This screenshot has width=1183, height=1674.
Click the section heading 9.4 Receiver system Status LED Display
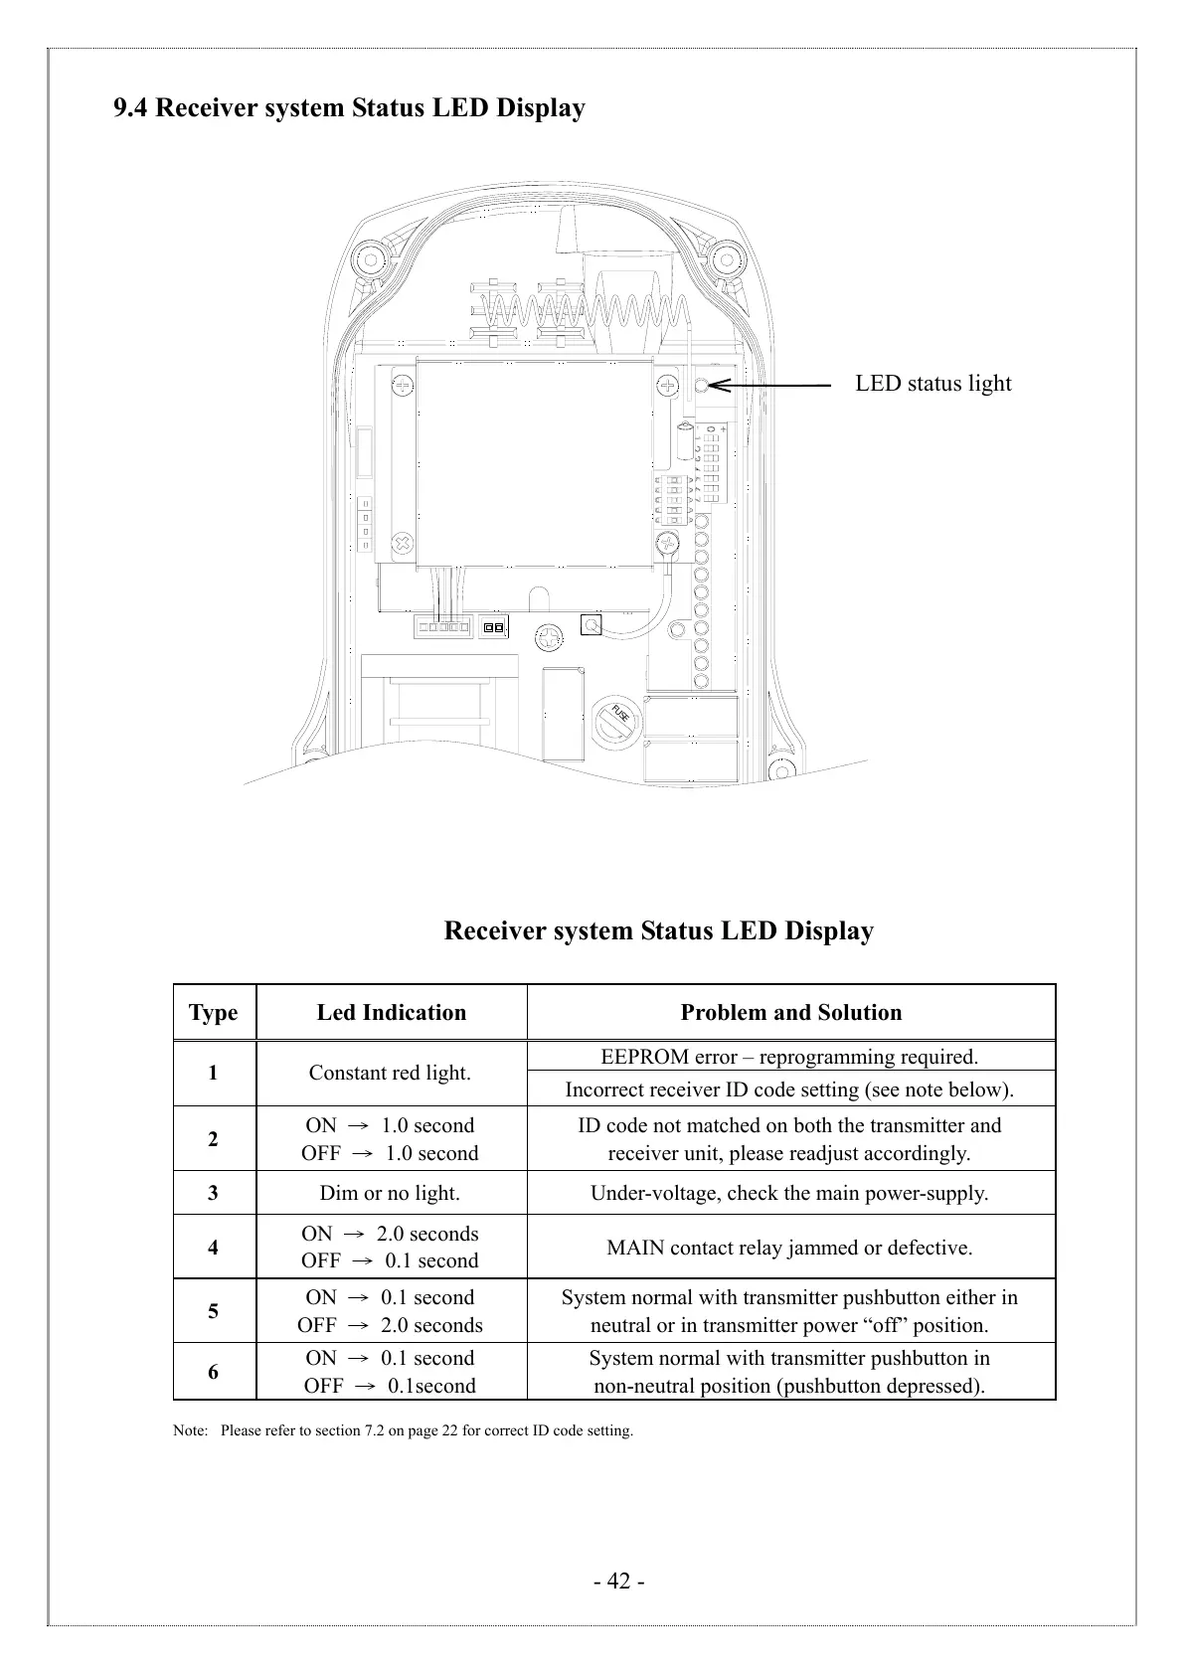[x=349, y=107]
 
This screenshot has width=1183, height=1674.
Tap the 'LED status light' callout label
[x=932, y=384]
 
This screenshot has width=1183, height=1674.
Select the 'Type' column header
[x=214, y=1013]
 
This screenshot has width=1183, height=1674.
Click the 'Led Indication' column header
[x=391, y=1013]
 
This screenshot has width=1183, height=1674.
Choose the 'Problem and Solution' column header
[x=790, y=1013]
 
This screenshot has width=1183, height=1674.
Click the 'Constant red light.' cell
[x=390, y=1073]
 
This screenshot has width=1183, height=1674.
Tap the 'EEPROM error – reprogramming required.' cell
[x=789, y=1057]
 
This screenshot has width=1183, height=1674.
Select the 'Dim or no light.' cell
[x=390, y=1193]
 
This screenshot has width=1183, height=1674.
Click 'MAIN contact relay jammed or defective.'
[x=789, y=1248]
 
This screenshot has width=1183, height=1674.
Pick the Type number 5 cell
[x=214, y=1311]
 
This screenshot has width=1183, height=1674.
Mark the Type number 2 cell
[x=214, y=1139]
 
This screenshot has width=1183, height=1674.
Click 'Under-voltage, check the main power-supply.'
[x=789, y=1193]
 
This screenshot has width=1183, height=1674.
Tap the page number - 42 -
[x=618, y=1582]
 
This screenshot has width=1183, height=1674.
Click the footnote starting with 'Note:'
[x=403, y=1431]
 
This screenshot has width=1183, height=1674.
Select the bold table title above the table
[x=658, y=931]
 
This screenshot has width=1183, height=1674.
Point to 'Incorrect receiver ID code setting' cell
[x=789, y=1089]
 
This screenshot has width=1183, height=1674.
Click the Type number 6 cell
[x=214, y=1372]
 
